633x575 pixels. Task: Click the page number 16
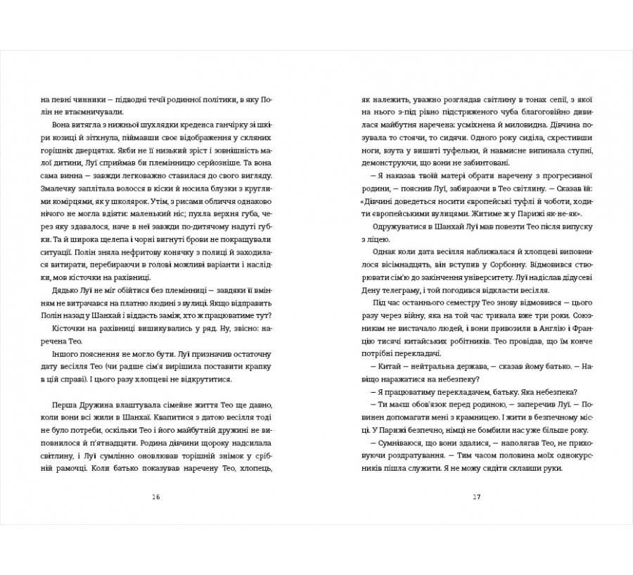coord(155,498)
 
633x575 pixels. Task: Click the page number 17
coord(476,498)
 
